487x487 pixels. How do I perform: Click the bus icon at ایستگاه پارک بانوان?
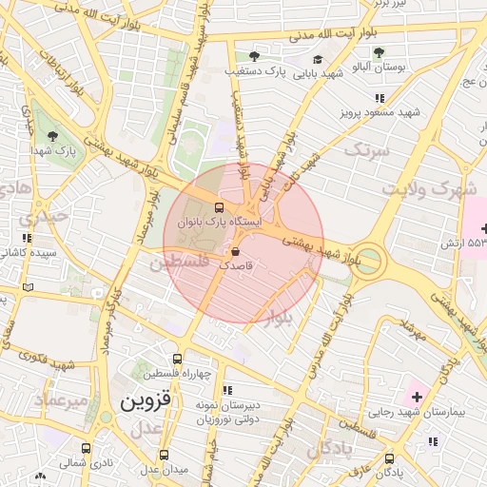pos(220,206)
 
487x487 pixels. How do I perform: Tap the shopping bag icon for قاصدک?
pos(235,252)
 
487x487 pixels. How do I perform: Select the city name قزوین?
pos(146,401)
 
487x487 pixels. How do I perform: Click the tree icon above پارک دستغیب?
pos(253,55)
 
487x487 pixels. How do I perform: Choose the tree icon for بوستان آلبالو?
pos(380,53)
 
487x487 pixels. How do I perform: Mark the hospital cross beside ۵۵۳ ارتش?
pos(485,228)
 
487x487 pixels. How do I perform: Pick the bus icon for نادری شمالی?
pos(87,449)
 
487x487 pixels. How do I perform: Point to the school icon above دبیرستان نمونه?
pos(226,390)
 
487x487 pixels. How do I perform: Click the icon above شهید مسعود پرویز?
pos(380,98)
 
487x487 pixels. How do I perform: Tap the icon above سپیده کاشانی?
pos(27,238)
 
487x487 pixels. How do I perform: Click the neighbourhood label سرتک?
pos(367,150)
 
